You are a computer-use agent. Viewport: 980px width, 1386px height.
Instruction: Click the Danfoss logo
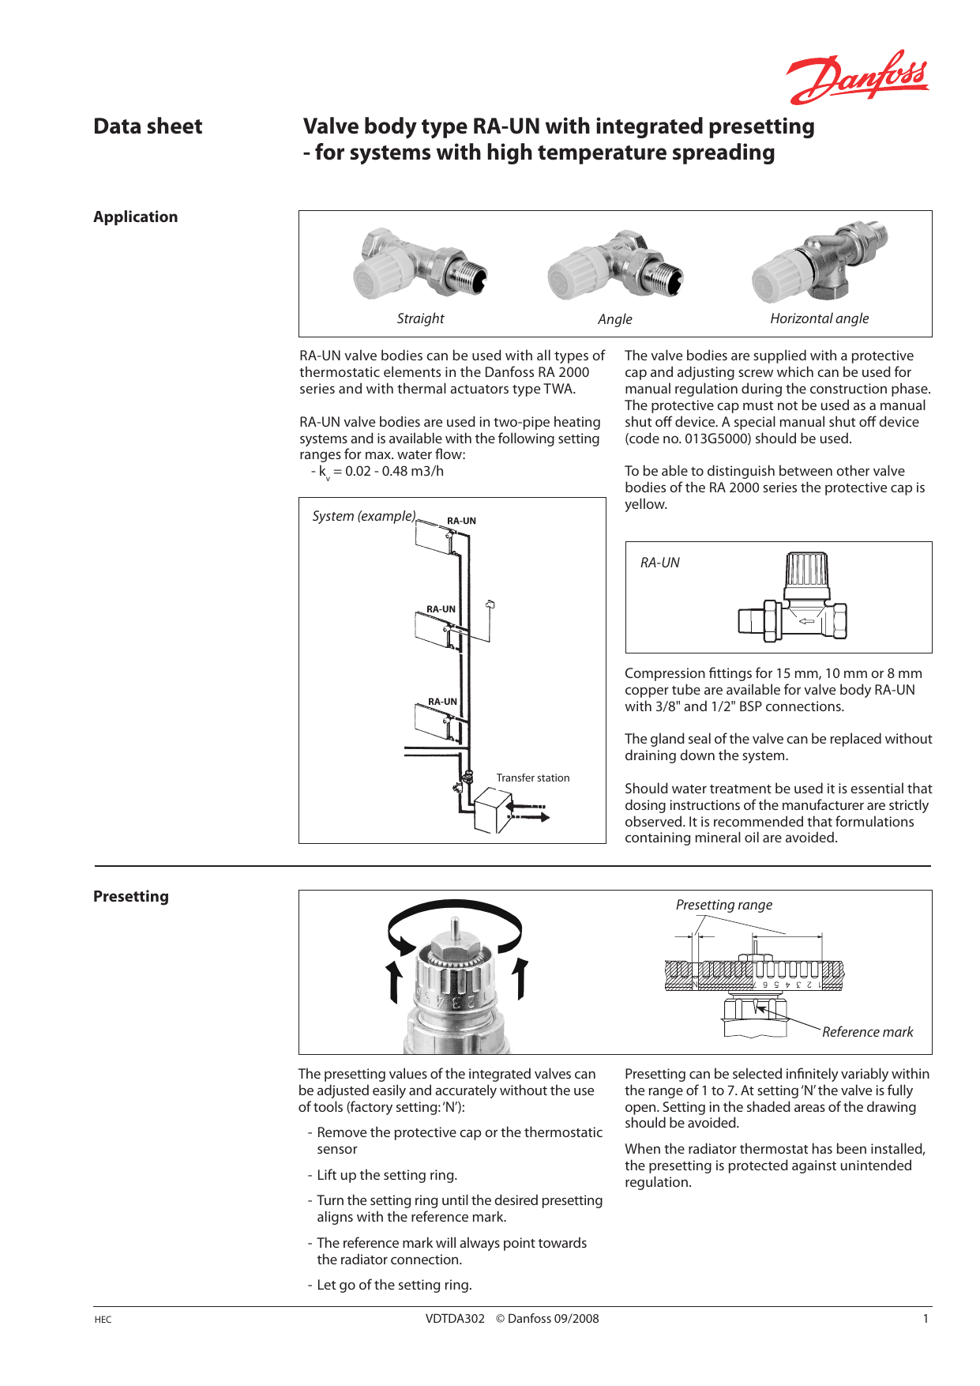point(857,77)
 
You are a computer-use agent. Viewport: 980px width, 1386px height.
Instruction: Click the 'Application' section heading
point(135,217)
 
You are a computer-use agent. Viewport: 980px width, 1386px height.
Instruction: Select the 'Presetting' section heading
point(131,896)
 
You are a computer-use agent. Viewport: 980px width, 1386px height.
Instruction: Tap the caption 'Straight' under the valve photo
point(420,318)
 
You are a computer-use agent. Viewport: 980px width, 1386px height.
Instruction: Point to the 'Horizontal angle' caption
point(819,318)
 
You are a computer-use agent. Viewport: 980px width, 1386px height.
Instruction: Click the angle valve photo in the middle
point(615,265)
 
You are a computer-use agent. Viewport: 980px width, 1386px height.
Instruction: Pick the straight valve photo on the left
point(420,264)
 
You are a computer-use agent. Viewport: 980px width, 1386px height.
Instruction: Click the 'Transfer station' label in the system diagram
point(532,778)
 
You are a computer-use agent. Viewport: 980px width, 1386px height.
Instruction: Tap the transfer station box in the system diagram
point(492,812)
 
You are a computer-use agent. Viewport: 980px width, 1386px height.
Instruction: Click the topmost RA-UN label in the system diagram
point(461,521)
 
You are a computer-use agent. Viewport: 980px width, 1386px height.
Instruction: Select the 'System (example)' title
point(363,516)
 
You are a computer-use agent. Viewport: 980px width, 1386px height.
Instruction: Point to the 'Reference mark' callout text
point(867,1032)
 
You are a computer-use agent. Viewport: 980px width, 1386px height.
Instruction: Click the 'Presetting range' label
point(723,905)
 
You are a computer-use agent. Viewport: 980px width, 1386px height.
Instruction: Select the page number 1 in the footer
point(926,1318)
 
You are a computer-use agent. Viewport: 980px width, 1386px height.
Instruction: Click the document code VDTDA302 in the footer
point(455,1318)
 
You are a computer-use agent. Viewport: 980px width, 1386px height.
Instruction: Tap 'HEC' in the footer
point(103,1319)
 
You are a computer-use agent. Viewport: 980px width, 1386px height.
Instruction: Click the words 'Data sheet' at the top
point(148,126)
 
